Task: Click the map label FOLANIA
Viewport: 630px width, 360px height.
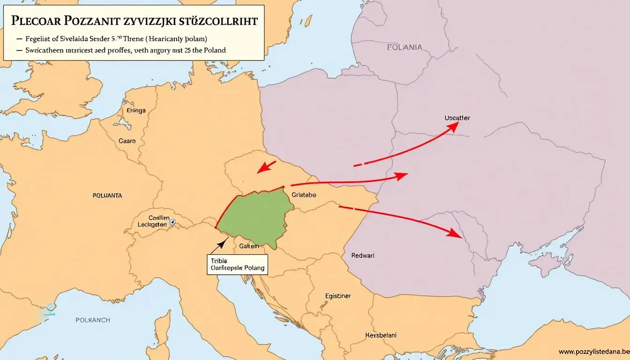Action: click(405, 47)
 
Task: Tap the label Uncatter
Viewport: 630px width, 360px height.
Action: click(457, 118)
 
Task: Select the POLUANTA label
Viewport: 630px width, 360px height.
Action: click(107, 195)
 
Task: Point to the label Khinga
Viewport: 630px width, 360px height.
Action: click(136, 111)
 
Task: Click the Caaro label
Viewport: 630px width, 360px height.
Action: click(127, 141)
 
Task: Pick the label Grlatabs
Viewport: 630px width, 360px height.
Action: click(304, 195)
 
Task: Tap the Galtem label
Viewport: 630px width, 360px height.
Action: click(249, 246)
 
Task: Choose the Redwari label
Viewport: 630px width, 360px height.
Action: click(363, 255)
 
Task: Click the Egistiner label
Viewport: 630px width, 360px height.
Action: click(337, 296)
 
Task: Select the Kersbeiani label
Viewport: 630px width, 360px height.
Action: click(381, 335)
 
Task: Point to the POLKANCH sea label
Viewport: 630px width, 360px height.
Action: click(93, 320)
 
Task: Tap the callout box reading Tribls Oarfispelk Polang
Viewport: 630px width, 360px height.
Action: click(236, 264)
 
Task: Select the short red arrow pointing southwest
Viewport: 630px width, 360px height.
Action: click(268, 165)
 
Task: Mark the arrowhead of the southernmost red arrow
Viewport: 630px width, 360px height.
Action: click(454, 232)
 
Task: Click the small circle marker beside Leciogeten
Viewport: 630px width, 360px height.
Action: click(172, 222)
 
